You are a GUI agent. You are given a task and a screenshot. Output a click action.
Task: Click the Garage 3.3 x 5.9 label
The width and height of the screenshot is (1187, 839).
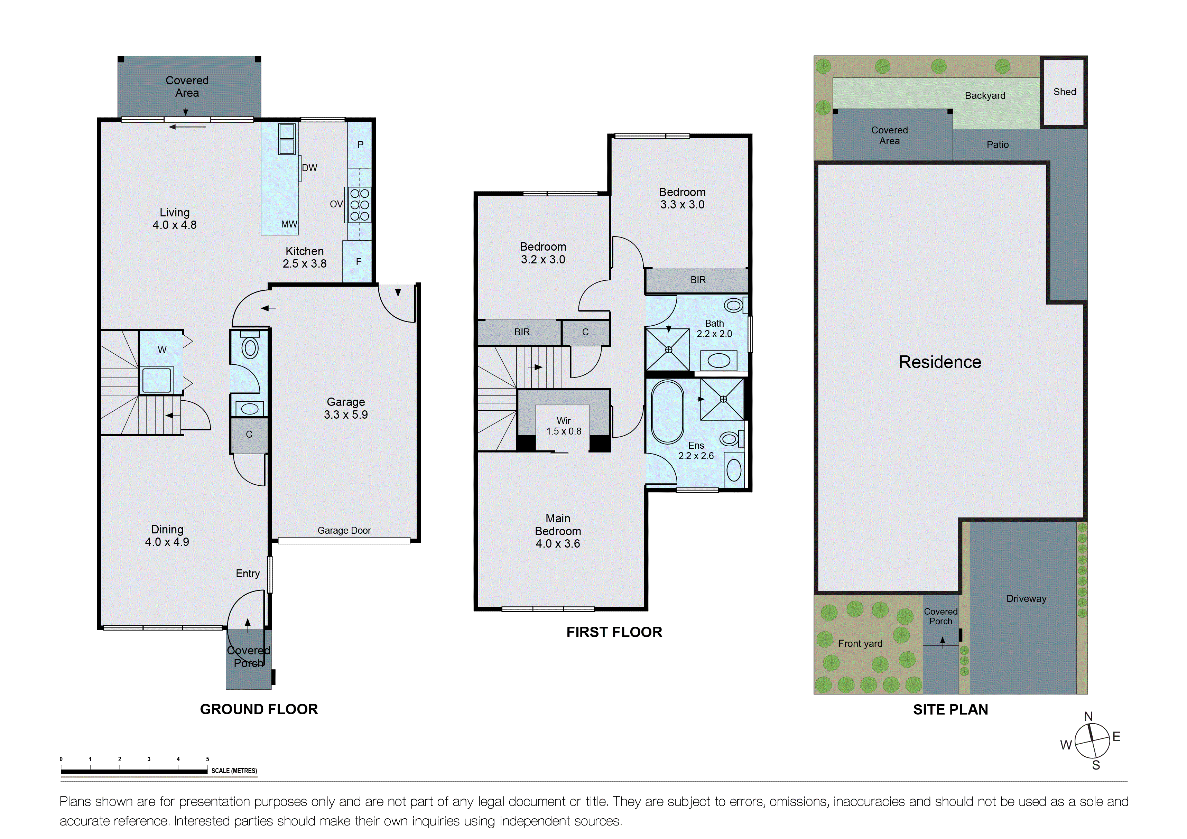coord(345,408)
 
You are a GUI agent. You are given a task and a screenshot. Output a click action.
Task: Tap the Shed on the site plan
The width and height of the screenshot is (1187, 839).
coord(1064,92)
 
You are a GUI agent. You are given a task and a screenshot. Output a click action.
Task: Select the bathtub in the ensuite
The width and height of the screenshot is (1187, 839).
coord(667,412)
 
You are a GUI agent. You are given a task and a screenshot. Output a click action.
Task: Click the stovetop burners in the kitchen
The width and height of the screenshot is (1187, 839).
coord(359,205)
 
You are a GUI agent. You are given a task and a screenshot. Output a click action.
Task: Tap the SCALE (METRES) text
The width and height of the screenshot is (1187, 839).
coord(234,771)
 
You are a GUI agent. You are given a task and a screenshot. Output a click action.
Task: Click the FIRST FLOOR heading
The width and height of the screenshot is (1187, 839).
coord(614,632)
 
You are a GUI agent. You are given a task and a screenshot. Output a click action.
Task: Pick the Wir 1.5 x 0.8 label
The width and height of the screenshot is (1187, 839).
coord(564,426)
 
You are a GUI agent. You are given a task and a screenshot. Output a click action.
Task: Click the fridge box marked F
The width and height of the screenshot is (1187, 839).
coord(358,262)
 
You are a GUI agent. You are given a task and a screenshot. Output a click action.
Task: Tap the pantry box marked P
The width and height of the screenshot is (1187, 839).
coord(360,145)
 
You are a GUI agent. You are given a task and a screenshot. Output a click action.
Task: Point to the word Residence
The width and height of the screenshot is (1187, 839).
coord(939,362)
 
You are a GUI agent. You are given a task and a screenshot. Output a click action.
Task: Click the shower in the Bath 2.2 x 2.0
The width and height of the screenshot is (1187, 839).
coord(668,350)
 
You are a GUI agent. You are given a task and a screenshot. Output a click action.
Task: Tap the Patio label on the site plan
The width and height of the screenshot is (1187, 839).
coord(997,145)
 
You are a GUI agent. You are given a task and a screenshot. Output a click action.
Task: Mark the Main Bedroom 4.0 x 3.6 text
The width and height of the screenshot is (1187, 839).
coord(557,531)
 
